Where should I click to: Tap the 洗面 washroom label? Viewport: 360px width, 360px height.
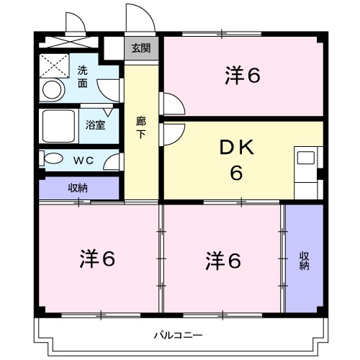pyautogui.click(x=84, y=77)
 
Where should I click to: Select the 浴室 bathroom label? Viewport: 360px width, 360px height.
pyautogui.click(x=95, y=124)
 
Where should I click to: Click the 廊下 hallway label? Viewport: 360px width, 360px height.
pyautogui.click(x=141, y=127)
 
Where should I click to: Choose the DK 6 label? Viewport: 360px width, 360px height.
pyautogui.click(x=235, y=161)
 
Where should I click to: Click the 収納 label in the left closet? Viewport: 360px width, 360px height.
pyautogui.click(x=78, y=188)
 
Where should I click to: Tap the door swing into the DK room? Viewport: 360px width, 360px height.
pyautogui.click(x=173, y=134)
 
